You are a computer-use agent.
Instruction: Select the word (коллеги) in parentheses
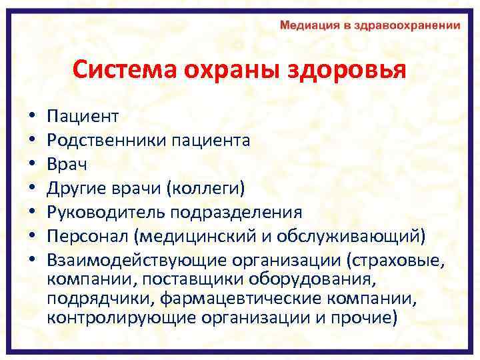(x=209, y=189)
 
